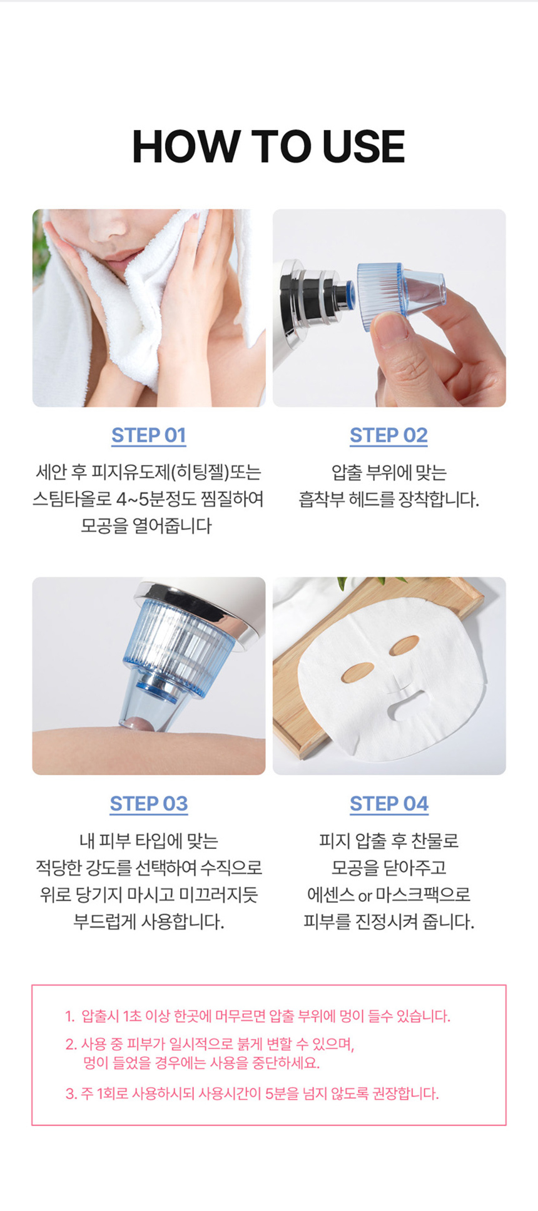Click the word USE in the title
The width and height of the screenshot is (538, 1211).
363,147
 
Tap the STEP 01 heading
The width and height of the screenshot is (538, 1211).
148,435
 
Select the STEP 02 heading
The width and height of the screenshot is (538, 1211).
388,435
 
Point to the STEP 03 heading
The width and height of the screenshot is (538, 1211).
148,803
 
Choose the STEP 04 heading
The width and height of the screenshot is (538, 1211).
388,803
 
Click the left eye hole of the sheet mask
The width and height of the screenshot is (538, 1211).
358,672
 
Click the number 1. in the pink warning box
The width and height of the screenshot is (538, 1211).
69,1016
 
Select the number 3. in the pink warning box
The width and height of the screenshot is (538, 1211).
71,1093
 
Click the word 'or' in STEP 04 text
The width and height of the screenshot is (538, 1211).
365,896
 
